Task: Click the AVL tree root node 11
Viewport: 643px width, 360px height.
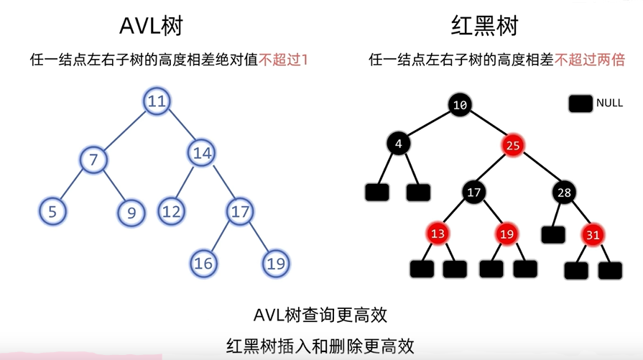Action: [157, 101]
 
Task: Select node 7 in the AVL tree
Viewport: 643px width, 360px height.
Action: [93, 159]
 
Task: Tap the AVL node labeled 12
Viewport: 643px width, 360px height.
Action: [170, 211]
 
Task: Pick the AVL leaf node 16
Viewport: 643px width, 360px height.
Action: [203, 263]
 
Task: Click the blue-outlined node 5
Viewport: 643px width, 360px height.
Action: [52, 211]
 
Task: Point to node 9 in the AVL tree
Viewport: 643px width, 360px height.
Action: [131, 211]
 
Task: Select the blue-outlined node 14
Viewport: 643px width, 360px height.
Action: [202, 152]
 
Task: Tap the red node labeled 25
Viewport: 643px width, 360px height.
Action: [512, 145]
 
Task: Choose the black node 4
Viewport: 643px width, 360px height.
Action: [399, 144]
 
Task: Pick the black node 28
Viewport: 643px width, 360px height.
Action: [564, 193]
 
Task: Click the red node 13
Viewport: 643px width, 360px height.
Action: [439, 233]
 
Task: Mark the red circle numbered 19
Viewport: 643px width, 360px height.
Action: [507, 233]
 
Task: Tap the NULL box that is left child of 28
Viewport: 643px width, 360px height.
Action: [553, 234]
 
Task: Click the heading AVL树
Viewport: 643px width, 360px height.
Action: [151, 27]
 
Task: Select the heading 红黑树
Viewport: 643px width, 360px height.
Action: [484, 27]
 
